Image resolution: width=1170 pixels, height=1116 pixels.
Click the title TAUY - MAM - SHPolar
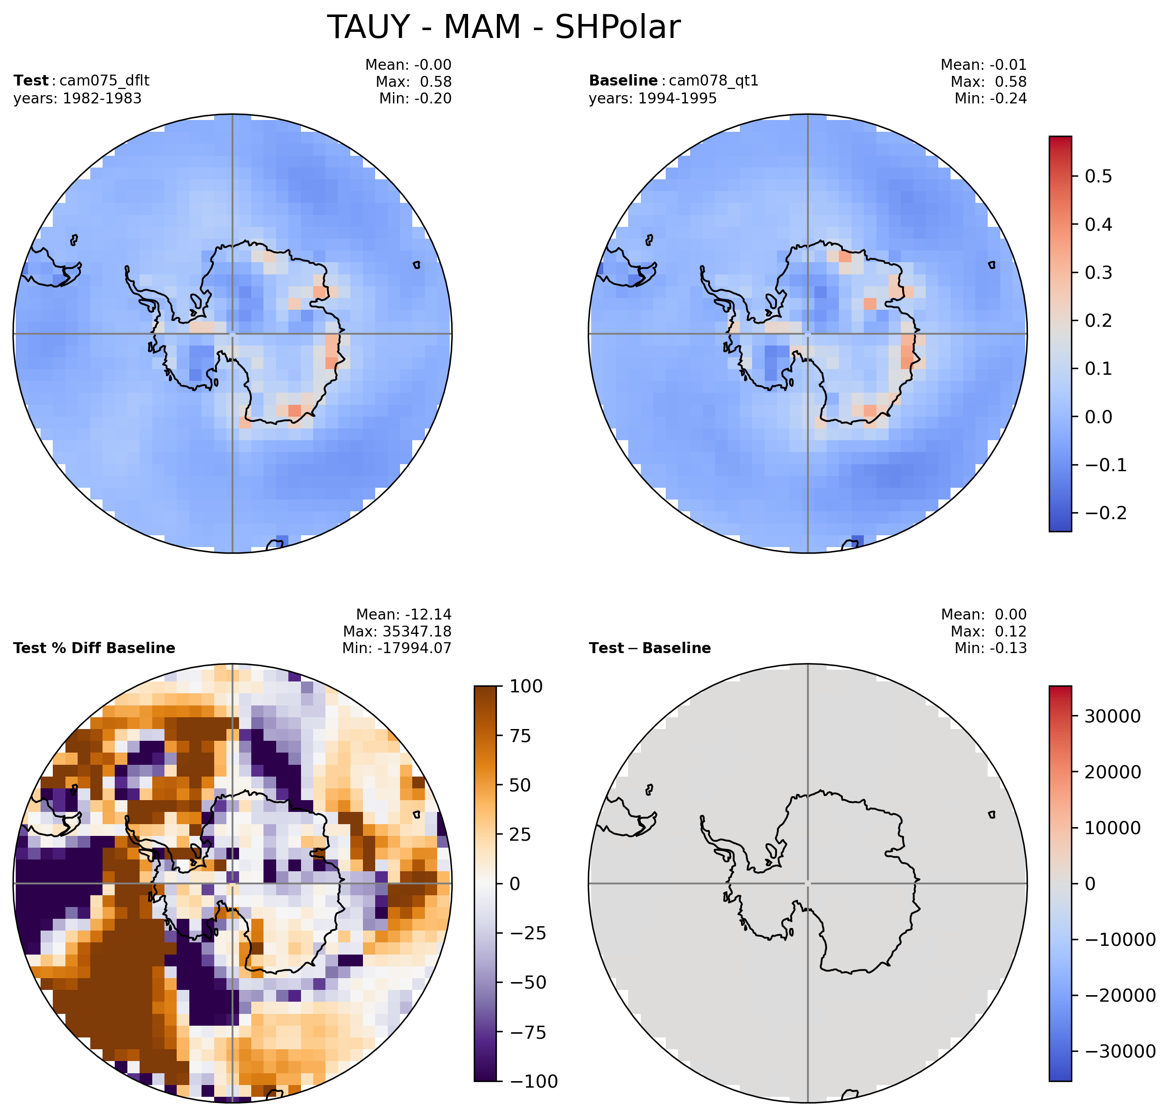click(503, 27)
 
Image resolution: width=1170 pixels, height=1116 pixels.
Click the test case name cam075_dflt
click(105, 80)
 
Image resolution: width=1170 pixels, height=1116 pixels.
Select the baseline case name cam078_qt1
click(714, 81)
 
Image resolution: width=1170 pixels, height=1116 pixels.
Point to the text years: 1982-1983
click(77, 98)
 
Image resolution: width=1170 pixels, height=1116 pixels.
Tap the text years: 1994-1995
click(653, 98)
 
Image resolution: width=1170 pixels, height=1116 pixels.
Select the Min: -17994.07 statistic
click(397, 648)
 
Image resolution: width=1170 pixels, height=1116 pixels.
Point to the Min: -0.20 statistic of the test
click(415, 98)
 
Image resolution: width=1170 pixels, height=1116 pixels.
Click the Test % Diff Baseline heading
click(94, 648)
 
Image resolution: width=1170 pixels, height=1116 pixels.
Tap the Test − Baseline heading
click(650, 648)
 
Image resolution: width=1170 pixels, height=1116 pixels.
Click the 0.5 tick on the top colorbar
click(1098, 177)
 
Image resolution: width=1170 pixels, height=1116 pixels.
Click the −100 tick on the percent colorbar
click(534, 1081)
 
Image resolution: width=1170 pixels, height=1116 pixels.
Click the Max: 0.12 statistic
click(989, 631)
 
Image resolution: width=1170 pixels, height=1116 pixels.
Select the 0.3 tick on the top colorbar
click(1098, 273)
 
